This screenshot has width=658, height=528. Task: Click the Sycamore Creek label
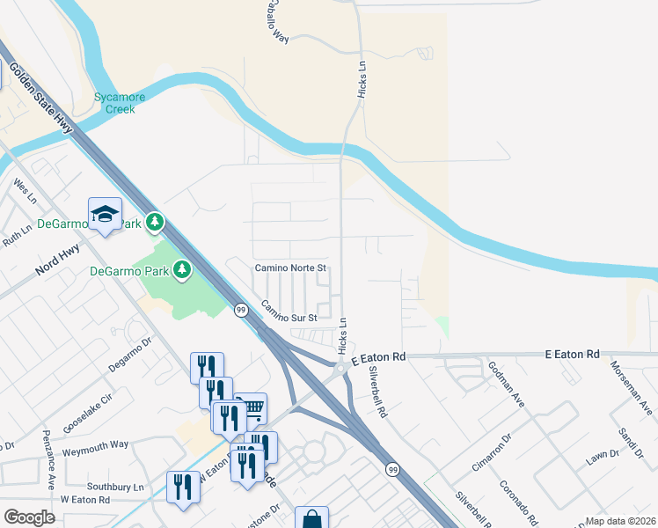click(113, 103)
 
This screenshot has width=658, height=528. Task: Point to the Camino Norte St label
click(290, 267)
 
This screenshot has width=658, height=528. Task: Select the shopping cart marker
click(252, 407)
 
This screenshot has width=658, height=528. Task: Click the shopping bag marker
click(311, 519)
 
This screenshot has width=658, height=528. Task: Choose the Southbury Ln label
click(114, 487)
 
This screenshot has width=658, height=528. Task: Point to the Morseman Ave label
click(632, 388)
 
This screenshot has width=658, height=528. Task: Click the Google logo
click(29, 517)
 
